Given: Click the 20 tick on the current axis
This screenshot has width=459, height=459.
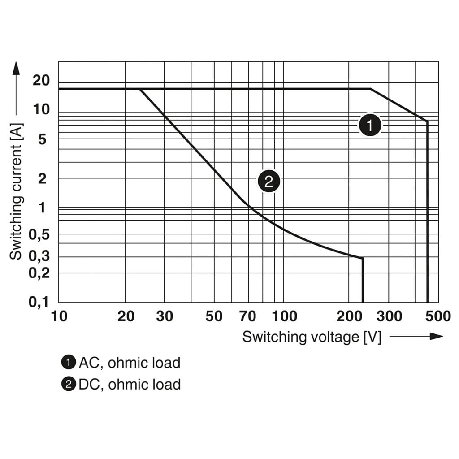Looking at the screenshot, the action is click(x=41, y=80).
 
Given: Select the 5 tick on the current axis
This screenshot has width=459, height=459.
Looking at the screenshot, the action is click(x=42, y=139).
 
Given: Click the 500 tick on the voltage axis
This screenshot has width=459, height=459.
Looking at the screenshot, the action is click(x=438, y=316).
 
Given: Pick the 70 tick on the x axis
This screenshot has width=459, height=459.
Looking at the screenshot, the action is click(x=247, y=316).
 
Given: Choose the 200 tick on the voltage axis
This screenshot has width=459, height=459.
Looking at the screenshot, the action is click(x=349, y=316).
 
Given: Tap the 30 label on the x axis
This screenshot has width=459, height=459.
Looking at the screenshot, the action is click(x=165, y=316).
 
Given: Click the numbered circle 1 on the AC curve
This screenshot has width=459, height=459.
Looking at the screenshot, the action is click(x=370, y=125).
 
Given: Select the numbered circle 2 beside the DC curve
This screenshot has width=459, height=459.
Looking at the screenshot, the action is click(x=269, y=182).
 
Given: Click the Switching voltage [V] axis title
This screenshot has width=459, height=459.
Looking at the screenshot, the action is click(x=312, y=337).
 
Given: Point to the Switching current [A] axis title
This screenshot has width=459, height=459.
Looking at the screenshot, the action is click(x=16, y=192).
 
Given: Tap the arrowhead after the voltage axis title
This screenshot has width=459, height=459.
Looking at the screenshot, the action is click(x=436, y=336).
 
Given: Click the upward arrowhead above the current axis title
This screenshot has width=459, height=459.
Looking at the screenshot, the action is click(x=17, y=68).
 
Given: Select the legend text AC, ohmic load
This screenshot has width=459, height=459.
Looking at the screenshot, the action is click(x=130, y=363).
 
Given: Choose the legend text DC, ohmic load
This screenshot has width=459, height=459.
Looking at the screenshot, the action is click(x=130, y=384).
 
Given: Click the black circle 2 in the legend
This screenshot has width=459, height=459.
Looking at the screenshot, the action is click(x=69, y=384).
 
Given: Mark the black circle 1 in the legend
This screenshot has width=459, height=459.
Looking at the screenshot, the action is click(x=69, y=362).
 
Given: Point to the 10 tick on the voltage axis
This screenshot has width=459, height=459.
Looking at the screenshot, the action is click(x=59, y=316).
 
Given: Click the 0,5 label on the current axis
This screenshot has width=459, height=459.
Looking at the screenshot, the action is click(x=39, y=235).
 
